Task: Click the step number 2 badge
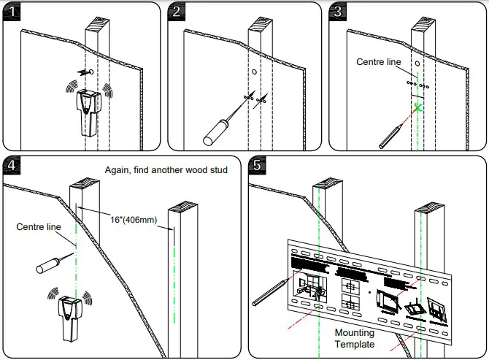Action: point(177,11)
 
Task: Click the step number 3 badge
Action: point(337,11)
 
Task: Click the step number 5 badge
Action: point(257,165)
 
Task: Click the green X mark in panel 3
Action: point(418,108)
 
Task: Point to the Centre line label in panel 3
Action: point(379,62)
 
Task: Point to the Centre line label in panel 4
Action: point(39,227)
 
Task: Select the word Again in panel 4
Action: point(118,170)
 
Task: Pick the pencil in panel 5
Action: point(267,290)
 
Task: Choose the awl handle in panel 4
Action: point(45,267)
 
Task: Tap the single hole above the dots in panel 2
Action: point(253,72)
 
